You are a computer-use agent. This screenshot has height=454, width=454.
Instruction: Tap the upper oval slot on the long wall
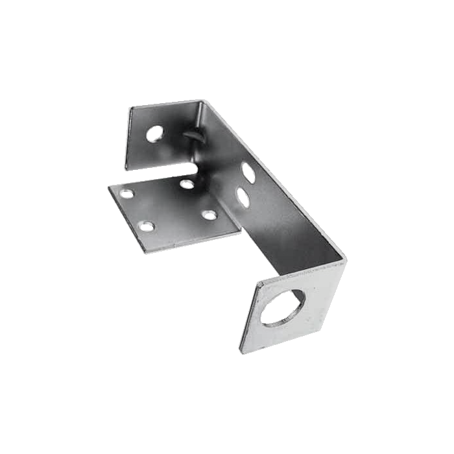coord(248,173)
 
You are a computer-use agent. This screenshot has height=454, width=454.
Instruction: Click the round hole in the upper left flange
coord(154,134)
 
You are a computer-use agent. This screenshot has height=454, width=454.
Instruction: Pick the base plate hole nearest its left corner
coord(127,194)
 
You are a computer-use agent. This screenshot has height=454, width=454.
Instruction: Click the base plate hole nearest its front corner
coord(148,226)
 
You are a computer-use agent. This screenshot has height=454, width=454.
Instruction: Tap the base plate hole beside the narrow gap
coord(187,185)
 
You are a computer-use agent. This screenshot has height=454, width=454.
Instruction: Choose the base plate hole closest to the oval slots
coord(208,215)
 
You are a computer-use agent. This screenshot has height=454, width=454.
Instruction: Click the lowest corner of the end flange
coord(241,351)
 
